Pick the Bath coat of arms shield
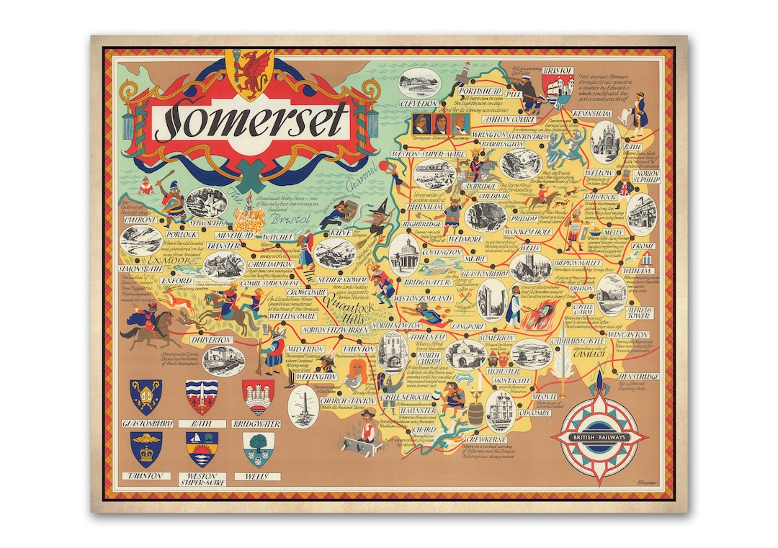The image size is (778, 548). point(201,395)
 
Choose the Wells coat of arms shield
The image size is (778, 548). point(258,449)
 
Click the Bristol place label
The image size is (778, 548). point(557,71)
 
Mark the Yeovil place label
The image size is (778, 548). point(544,397)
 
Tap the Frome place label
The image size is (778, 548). point(643,246)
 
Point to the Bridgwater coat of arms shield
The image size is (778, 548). point(258,395)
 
